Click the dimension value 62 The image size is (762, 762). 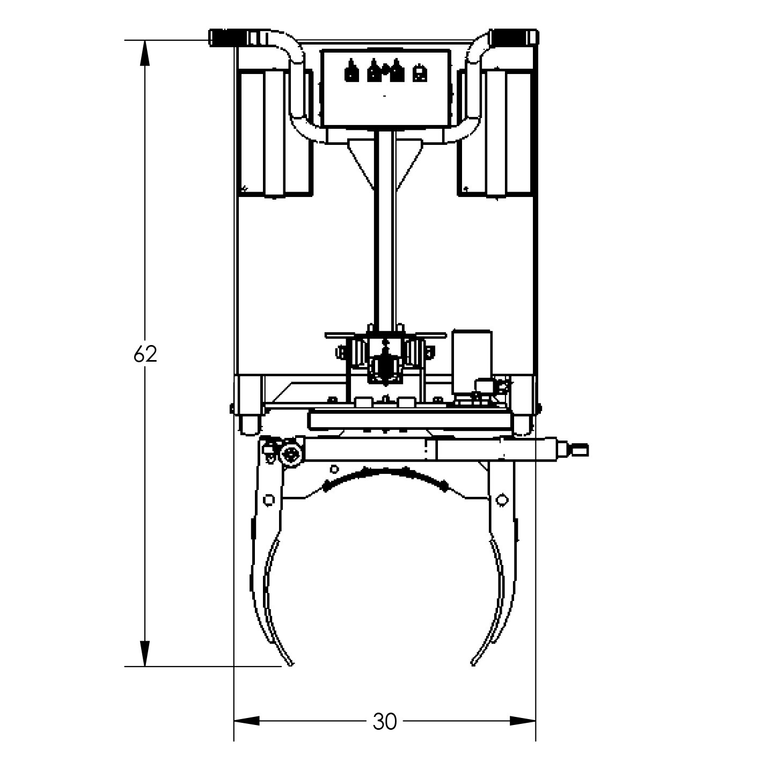[145, 354]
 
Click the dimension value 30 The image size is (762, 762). [384, 722]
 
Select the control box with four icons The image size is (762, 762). [385, 89]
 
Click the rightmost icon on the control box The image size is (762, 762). [419, 74]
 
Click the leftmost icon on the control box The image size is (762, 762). [350, 71]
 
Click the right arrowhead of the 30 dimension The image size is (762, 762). [523, 721]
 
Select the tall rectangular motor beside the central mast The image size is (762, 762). [472, 362]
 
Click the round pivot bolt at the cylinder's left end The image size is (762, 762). [290, 455]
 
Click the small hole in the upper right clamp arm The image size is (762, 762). [501, 500]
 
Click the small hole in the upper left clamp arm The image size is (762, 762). [269, 500]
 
